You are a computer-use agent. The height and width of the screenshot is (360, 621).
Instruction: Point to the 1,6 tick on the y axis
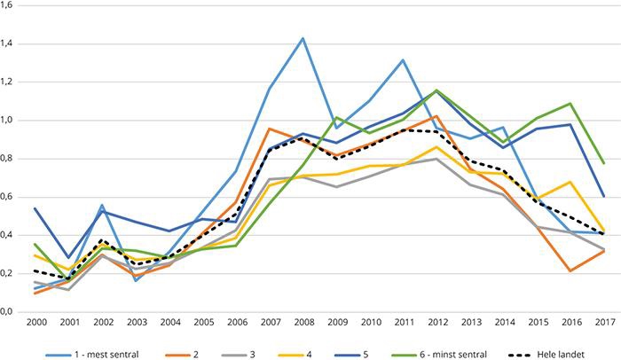(11, 5)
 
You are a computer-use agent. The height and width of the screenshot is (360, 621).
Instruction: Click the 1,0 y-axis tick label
(11, 121)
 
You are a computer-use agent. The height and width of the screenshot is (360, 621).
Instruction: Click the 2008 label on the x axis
(302, 325)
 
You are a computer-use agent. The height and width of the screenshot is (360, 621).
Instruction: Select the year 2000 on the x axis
(36, 325)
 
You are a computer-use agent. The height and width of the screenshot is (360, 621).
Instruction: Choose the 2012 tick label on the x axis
(435, 325)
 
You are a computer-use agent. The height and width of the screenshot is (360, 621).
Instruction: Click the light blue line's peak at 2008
(303, 38)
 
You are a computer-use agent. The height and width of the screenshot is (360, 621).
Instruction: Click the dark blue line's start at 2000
(36, 208)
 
